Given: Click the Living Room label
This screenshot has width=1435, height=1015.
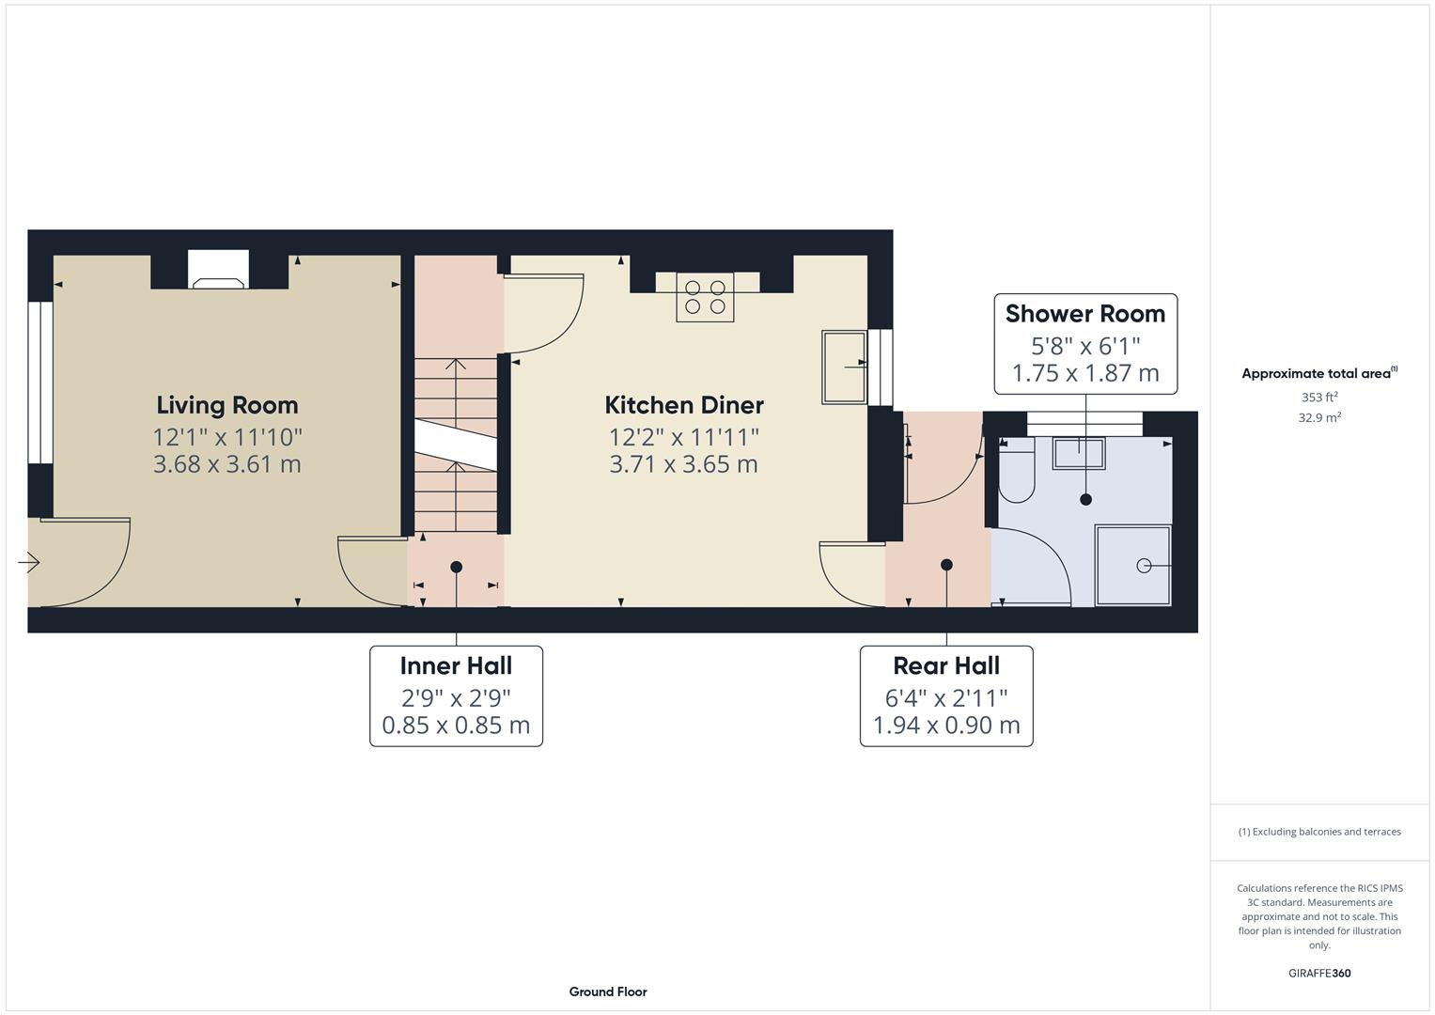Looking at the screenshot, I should pos(226,405).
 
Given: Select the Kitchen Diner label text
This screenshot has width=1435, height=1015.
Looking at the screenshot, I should pos(683,405).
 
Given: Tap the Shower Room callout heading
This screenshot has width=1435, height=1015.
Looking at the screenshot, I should pos(1084,314).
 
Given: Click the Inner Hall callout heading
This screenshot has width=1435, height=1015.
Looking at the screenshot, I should pos(456,666).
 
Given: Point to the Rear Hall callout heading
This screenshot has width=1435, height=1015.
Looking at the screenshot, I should pos(945,666).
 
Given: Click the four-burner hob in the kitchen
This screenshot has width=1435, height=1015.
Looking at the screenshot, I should pos(705,297).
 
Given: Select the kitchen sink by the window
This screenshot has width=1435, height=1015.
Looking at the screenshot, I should pos(843,367).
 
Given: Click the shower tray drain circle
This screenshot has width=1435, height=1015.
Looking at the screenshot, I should pos(1144,565).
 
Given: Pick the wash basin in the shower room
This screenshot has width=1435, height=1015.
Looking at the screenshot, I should pos(1078,453).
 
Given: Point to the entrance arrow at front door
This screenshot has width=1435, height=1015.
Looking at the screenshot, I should pos(28,563).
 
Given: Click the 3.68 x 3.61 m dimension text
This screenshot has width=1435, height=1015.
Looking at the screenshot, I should pos(226,464).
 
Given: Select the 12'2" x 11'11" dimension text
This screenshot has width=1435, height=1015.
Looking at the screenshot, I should pos(683,437).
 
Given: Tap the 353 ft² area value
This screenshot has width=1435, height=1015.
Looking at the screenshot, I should pos(1318,398).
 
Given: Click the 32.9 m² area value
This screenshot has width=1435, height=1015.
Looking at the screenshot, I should pos(1318,418).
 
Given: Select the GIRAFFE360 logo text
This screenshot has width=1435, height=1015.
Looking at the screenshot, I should pos(1318,974).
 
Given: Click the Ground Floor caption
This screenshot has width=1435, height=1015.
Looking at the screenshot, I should pos(607,992).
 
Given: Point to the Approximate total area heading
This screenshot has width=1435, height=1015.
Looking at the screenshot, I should pos(1318,374).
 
